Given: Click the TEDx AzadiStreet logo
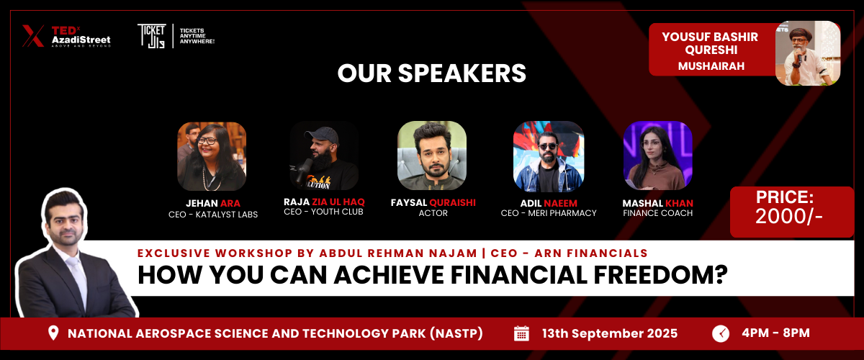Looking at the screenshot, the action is tap(66, 36).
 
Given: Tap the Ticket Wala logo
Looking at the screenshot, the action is tap(176, 36).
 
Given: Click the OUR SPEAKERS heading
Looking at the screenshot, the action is tap(431, 73).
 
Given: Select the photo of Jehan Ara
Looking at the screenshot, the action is tap(212, 156).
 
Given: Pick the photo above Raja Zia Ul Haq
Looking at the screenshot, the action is tap(324, 156).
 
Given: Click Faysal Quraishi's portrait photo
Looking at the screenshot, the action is tap(432, 156).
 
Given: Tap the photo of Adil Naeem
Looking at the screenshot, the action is tap(549, 156).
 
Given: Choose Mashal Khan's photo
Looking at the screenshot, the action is tap(658, 156).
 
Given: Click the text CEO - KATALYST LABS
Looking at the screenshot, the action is tap(213, 215).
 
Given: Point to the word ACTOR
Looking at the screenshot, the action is tap(433, 213).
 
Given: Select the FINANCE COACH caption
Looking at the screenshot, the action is tap(657, 213).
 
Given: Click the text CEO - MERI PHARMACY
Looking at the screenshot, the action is tap(549, 213).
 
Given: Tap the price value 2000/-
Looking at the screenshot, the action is tap(789, 217).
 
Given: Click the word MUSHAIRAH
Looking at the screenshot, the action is tap(711, 66).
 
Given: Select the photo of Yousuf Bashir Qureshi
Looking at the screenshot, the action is tap(808, 53).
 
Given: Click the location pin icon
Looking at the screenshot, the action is tap(53, 333).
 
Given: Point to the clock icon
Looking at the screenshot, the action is tap(721, 334).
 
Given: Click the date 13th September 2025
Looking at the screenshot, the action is tap(610, 333).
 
